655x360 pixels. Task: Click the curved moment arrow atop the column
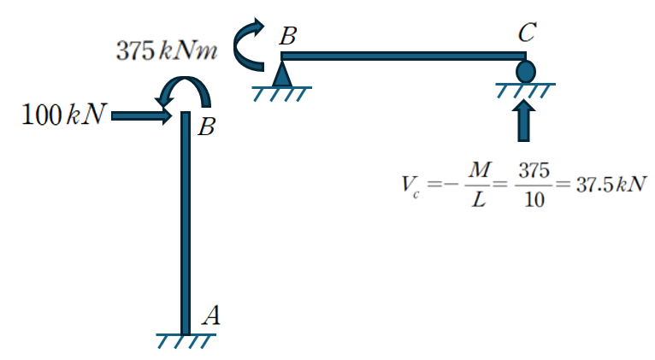click(185, 91)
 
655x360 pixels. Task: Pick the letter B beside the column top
click(206, 128)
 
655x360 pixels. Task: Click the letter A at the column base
click(211, 316)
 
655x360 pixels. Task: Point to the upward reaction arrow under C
click(525, 120)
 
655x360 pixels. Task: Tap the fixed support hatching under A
click(186, 339)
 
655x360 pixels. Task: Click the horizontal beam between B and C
click(402, 56)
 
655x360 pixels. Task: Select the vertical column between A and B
click(186, 222)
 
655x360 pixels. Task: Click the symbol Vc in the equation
click(408, 187)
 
